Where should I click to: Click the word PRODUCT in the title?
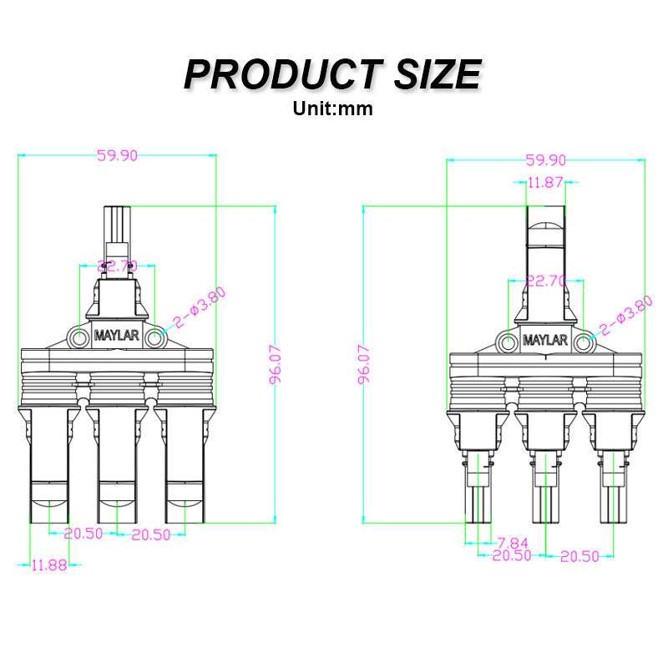[283, 74]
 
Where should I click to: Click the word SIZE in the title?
[438, 74]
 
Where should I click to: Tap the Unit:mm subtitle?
[332, 109]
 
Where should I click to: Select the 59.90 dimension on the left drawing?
[117, 155]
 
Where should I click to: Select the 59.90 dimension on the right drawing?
[546, 160]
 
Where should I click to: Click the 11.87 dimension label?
[546, 182]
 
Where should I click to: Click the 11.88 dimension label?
[49, 565]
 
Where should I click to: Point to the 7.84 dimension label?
[513, 543]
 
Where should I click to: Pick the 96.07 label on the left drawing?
[276, 365]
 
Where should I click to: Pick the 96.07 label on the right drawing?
[364, 365]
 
